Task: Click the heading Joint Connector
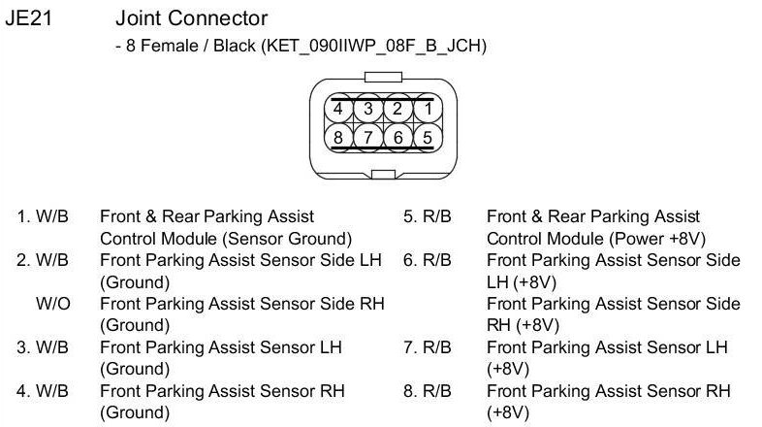tap(191, 18)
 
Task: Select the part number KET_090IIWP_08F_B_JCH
tap(372, 46)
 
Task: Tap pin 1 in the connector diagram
tap(427, 109)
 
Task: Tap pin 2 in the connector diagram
tap(397, 109)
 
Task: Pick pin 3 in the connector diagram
tap(367, 109)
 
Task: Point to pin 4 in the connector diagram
tap(338, 109)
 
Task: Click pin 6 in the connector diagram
tap(397, 137)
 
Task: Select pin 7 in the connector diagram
tap(367, 137)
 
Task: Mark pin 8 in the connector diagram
tap(338, 137)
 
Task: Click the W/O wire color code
tap(52, 304)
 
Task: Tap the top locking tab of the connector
tap(381, 76)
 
